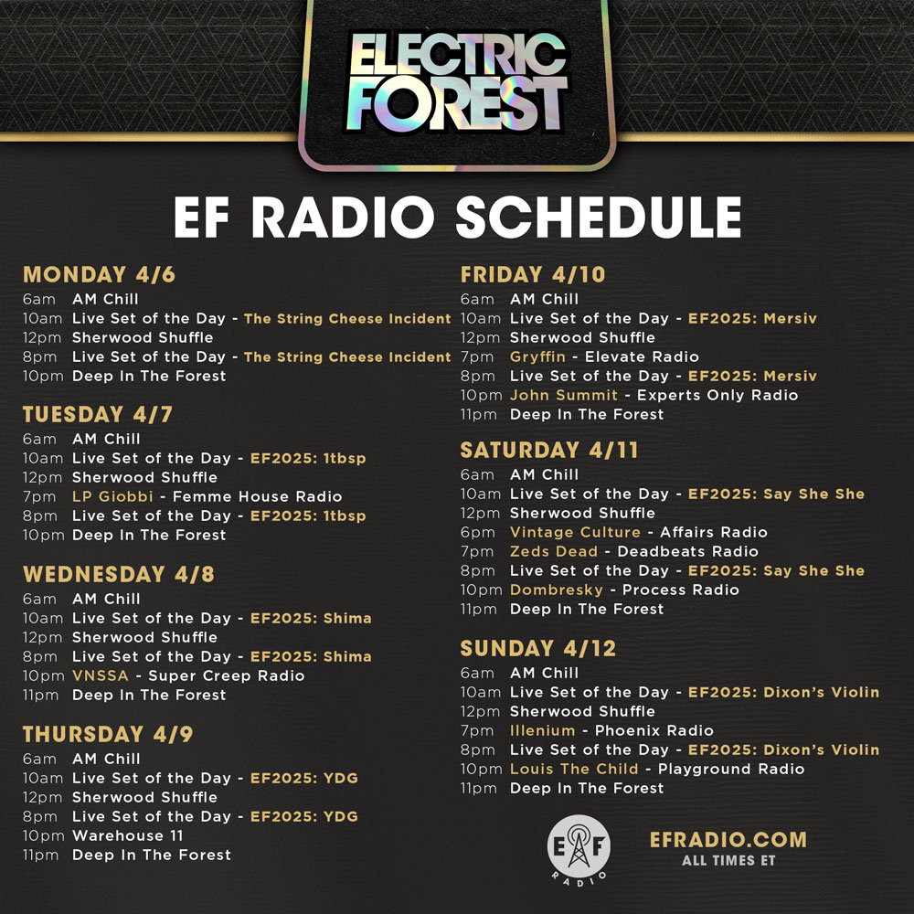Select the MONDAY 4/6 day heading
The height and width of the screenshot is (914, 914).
pos(99,274)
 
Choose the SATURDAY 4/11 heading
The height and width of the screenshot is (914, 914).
pos(549,450)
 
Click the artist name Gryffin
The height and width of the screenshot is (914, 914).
pos(537,356)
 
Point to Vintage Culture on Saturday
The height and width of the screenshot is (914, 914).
pos(575,532)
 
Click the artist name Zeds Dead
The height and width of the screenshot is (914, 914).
pos(554,551)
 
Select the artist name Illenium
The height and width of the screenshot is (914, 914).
pos(542,730)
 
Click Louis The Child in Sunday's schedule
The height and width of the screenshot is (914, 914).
pos(574,769)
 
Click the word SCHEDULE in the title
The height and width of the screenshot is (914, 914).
pos(598,218)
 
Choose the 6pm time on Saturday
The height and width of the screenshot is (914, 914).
pos(476,532)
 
